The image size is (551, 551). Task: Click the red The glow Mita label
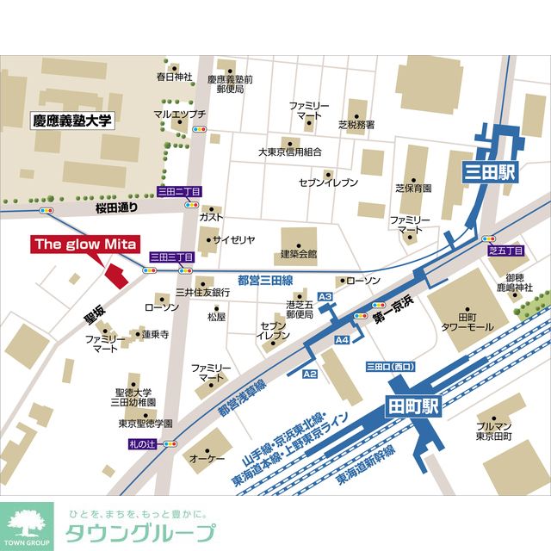tap(85, 245)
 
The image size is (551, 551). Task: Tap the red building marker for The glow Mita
tap(115, 275)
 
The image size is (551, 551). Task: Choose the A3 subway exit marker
tap(325, 297)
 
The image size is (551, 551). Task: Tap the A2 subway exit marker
tap(310, 374)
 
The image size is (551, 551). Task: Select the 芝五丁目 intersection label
tap(505, 251)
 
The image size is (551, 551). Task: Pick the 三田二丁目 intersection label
tap(177, 191)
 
